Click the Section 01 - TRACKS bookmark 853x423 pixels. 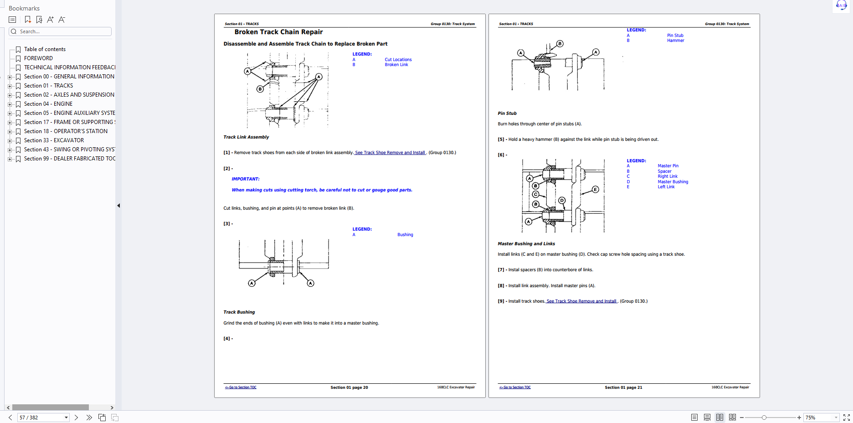pyautogui.click(x=48, y=86)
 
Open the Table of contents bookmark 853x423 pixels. pyautogui.click(x=45, y=49)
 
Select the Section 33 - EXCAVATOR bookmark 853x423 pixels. pyautogui.click(x=54, y=140)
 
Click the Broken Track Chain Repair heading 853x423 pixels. pyautogui.click(x=278, y=32)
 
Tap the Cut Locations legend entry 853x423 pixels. pyautogui.click(x=398, y=60)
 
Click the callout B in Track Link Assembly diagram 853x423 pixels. pyautogui.click(x=260, y=89)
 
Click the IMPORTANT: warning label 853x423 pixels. pyautogui.click(x=246, y=179)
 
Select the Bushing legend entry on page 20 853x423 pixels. pyautogui.click(x=405, y=235)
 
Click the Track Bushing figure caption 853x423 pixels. pyautogui.click(x=239, y=312)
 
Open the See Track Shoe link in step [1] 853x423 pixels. pyautogui.click(x=390, y=153)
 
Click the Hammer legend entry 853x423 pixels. pyautogui.click(x=675, y=41)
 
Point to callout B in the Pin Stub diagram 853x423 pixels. pyautogui.click(x=560, y=44)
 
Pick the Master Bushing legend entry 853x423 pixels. pyautogui.click(x=673, y=182)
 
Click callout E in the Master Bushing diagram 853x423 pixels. pyautogui.click(x=595, y=189)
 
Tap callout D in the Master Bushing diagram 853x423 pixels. pyautogui.click(x=562, y=201)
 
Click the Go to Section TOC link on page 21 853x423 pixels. pyautogui.click(x=515, y=387)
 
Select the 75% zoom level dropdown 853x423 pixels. pyautogui.click(x=821, y=418)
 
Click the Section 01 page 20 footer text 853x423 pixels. pyautogui.click(x=349, y=387)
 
